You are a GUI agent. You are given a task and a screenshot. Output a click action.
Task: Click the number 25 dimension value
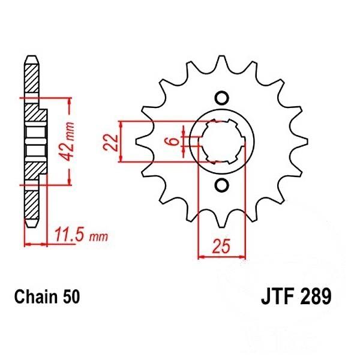tap(220, 246)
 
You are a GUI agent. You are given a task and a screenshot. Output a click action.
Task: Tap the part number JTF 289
tap(296, 296)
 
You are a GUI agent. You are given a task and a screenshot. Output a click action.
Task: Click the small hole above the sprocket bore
tap(221, 98)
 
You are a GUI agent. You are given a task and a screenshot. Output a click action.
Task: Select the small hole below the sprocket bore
tap(221, 185)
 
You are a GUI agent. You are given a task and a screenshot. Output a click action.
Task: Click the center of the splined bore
tap(221, 142)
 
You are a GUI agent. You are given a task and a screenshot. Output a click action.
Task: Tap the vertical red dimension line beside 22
tap(121, 142)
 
